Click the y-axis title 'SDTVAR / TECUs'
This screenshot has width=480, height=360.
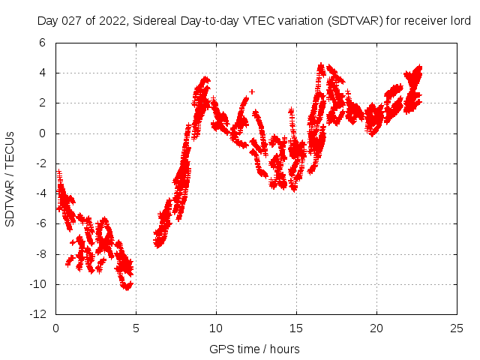tap(10, 178)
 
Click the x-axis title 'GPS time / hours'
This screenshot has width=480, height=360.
tap(255, 349)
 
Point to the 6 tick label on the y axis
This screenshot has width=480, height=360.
tap(43, 43)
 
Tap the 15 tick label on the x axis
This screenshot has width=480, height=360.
tap(296, 328)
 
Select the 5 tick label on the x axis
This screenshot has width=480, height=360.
tap(136, 328)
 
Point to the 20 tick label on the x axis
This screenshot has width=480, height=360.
tap(376, 328)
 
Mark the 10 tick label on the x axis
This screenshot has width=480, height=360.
tap(216, 328)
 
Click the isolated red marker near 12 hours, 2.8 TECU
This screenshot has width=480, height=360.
tap(252, 91)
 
